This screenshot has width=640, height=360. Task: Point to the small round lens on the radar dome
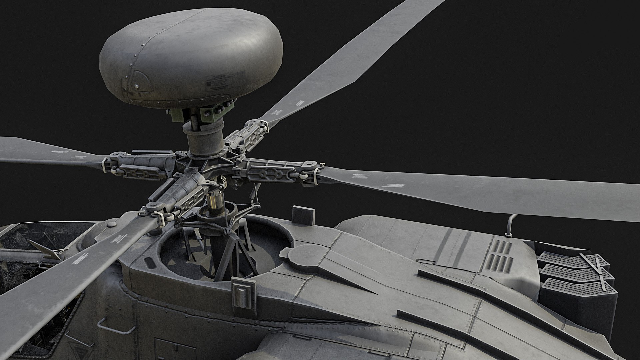pyautogui.click(x=137, y=87)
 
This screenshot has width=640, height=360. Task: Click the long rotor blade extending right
pyautogui.click(x=483, y=190)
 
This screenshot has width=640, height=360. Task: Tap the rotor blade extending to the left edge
pyautogui.click(x=50, y=153)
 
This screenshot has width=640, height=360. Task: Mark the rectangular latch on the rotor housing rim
pyautogui.click(x=241, y=294)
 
